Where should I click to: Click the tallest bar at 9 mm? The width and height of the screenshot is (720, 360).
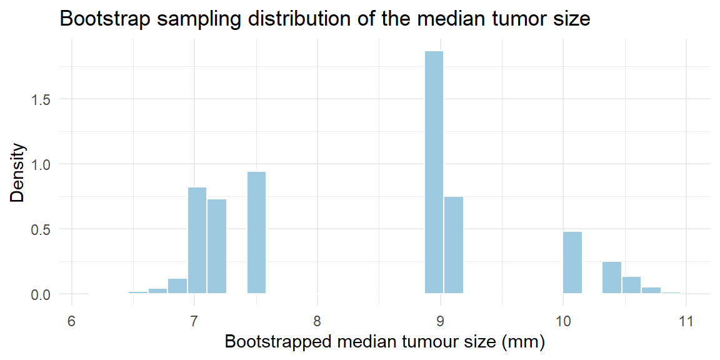[434, 172]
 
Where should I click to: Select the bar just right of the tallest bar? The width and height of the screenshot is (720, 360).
[454, 245]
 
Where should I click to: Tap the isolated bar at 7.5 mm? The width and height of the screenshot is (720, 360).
[256, 232]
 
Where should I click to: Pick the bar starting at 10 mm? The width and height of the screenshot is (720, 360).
[572, 262]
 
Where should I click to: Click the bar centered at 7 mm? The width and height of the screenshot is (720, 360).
[197, 241]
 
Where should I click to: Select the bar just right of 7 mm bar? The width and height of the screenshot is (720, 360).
[217, 247]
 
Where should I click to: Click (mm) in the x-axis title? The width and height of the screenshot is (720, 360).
[526, 342]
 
